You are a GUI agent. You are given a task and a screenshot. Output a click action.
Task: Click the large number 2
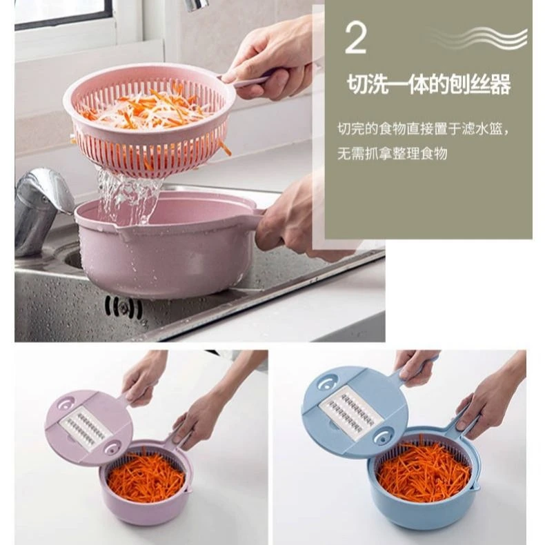click(355, 39)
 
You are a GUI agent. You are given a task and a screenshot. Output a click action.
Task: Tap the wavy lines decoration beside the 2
click(479, 37)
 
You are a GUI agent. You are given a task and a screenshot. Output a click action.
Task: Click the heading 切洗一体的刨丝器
click(429, 84)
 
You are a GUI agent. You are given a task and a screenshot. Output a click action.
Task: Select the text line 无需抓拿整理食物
click(392, 154)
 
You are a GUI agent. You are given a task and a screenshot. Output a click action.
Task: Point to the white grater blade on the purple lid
click(86, 428)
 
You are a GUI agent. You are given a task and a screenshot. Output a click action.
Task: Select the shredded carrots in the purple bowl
click(146, 477)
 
